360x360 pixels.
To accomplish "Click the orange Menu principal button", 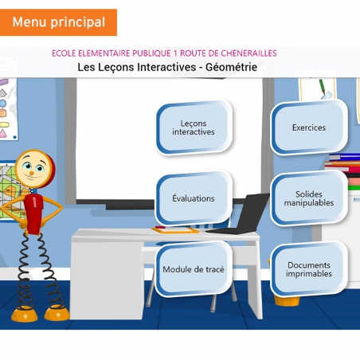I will pyautogui.click(x=58, y=22).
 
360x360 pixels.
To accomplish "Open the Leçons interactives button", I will pyautogui.click(x=194, y=127).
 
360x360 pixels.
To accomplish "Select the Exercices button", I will pyautogui.click(x=308, y=127).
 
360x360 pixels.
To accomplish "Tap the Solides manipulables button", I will pyautogui.click(x=308, y=198).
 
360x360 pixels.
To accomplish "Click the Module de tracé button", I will pyautogui.click(x=194, y=269).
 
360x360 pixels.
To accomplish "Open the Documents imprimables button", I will pyautogui.click(x=308, y=269).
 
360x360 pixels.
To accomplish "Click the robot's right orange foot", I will pyautogui.click(x=56, y=312).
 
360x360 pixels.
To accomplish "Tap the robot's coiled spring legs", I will pyautogui.click(x=36, y=267).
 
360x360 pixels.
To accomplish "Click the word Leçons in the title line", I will pyautogui.click(x=113, y=68).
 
